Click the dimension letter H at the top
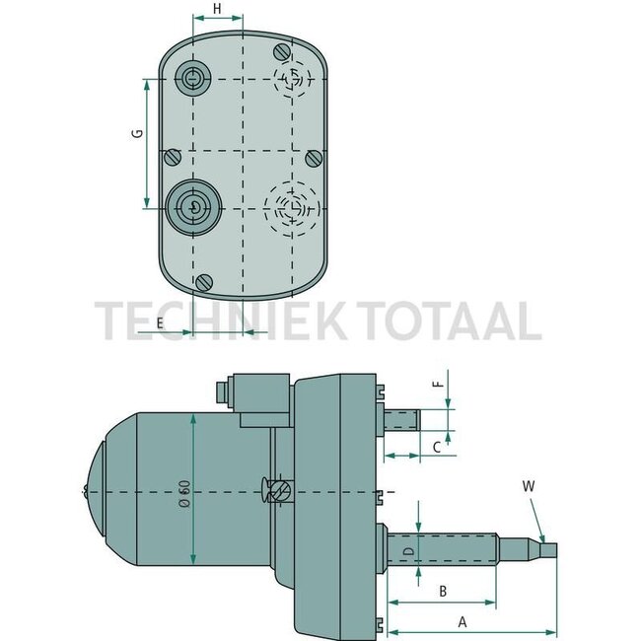point(216,10)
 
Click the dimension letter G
point(138,133)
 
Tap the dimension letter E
point(158,321)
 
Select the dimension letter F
point(441,375)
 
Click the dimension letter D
point(406,550)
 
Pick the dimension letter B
point(443,591)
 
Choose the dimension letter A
point(461,621)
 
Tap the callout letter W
point(529,485)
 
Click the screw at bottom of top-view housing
point(204,282)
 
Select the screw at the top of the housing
point(285,50)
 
